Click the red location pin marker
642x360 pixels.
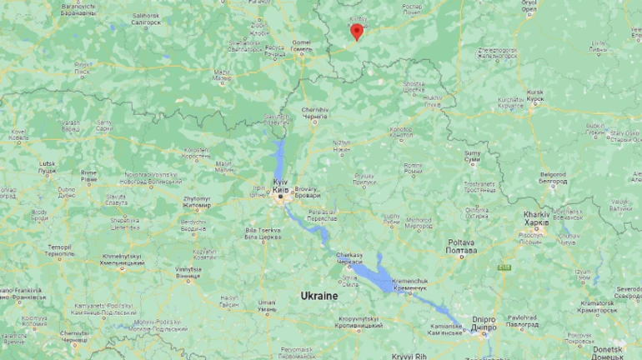click(x=357, y=32)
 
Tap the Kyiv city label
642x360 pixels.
click(x=280, y=185)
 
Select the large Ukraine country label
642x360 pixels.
click(x=320, y=296)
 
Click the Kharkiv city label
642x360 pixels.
click(x=537, y=218)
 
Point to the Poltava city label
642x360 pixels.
click(x=461, y=246)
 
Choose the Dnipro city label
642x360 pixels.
click(x=483, y=322)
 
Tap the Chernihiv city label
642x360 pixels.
click(x=315, y=113)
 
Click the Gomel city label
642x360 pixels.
click(x=301, y=45)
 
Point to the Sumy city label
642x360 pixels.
click(x=472, y=157)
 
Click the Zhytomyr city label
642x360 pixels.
click(x=197, y=202)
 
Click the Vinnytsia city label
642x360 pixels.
click(x=188, y=272)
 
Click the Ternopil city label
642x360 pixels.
click(x=59, y=250)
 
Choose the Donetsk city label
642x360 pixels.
click(x=629, y=352)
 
